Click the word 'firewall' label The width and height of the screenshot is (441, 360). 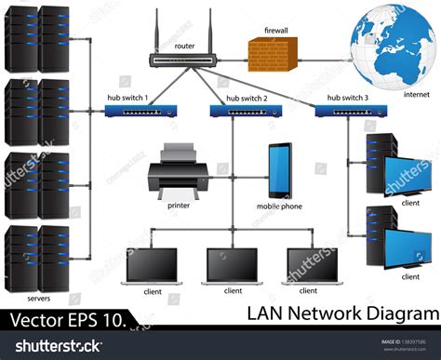tap(275, 31)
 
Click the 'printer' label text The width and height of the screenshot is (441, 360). tap(179, 205)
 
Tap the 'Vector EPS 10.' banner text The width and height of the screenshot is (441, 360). tap(67, 321)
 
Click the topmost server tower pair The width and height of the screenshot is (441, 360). tap(38, 40)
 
